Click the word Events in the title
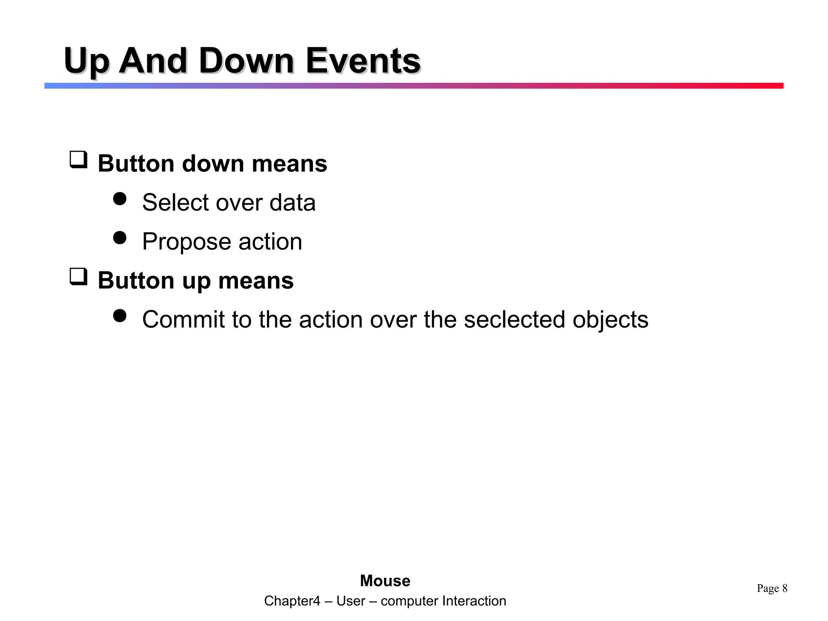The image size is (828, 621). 363,61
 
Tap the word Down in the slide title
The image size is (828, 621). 246,61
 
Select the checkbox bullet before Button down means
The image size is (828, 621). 78,160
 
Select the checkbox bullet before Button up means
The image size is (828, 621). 78,277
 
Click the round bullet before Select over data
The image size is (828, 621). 120,199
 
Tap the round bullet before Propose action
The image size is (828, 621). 120,238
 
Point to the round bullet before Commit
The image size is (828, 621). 120,316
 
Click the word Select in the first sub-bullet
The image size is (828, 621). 175,202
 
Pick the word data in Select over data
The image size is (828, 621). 292,202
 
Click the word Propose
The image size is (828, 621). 186,242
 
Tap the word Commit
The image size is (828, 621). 183,319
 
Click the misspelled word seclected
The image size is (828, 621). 514,319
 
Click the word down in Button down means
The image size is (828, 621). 213,164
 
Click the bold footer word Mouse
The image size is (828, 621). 385,581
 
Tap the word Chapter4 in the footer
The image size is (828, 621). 292,601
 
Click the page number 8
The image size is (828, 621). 785,588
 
